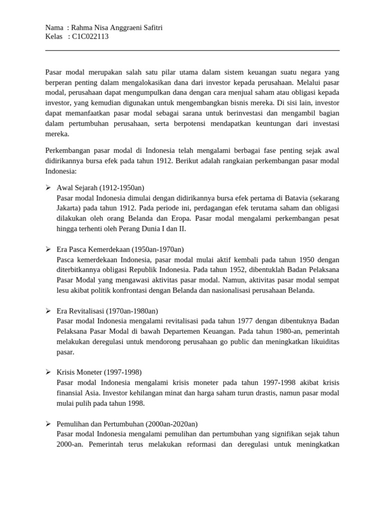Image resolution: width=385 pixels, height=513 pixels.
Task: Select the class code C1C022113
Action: pos(90,37)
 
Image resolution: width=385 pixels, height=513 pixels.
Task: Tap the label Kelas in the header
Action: pos(54,37)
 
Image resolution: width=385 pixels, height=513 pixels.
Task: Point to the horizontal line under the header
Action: pos(192,50)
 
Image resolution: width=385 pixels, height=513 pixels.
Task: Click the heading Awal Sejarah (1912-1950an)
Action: pos(100,187)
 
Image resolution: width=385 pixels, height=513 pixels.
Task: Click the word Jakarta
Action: pos(70,208)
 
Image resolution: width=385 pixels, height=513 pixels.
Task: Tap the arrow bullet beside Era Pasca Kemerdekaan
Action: pos(48,249)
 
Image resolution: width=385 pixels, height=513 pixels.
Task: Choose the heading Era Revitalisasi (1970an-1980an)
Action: pos(107,311)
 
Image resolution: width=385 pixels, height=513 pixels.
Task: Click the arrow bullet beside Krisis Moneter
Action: pos(48,372)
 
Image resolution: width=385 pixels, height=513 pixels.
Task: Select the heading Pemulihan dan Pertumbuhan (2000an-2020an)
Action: pos(127,424)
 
